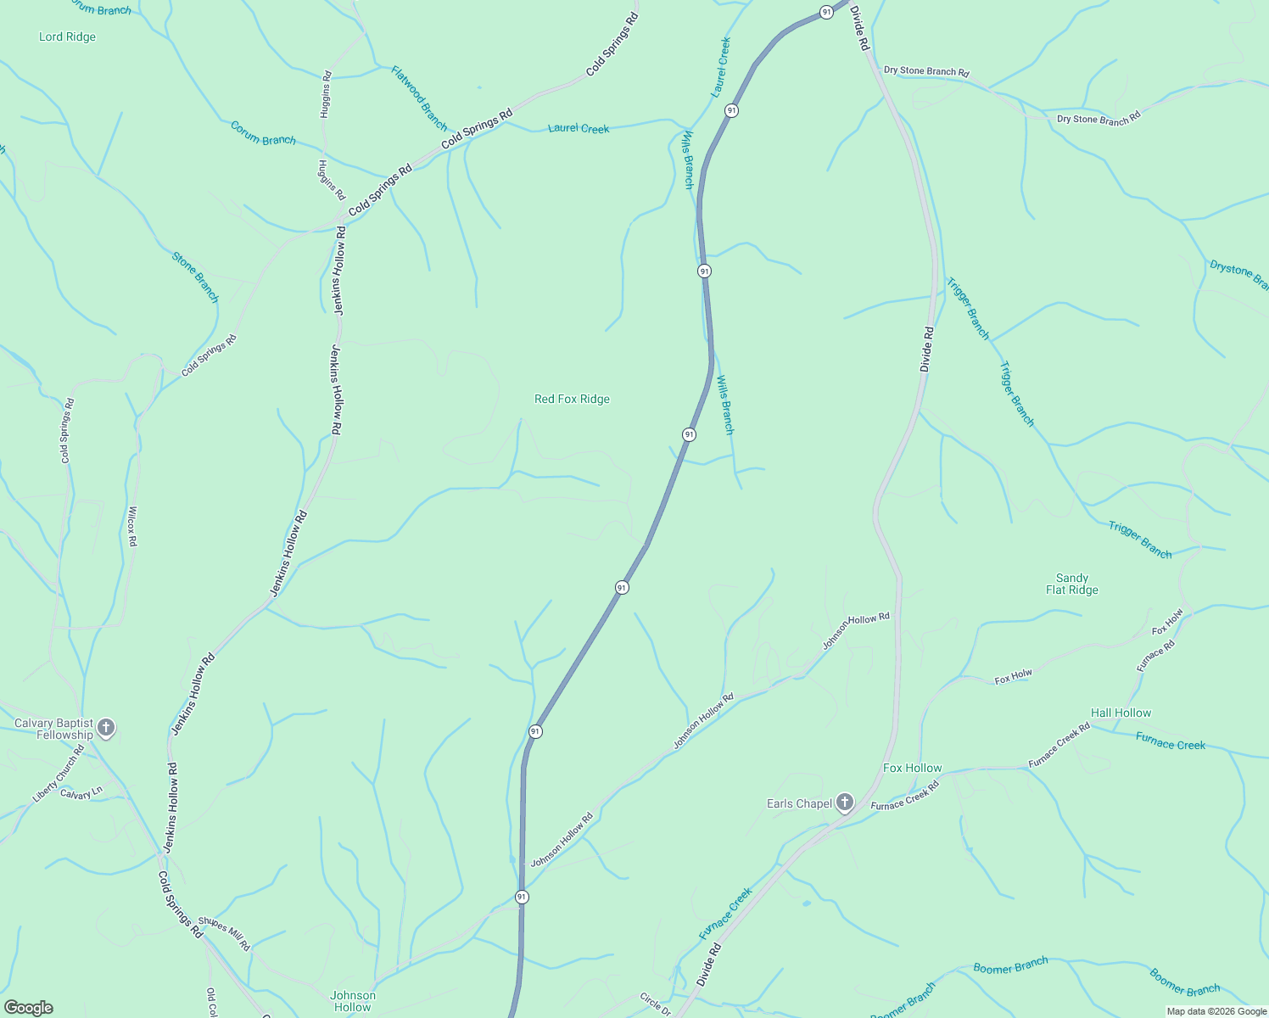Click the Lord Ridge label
click(67, 36)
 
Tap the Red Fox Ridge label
click(572, 399)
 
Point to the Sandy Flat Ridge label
click(1072, 584)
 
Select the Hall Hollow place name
click(1121, 713)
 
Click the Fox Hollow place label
click(912, 768)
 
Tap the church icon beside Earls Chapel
click(844, 803)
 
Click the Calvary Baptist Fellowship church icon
click(106, 727)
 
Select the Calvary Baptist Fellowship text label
click(53, 730)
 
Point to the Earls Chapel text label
click(799, 803)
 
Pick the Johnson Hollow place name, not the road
click(353, 1001)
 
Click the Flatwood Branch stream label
click(419, 98)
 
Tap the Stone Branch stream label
click(195, 277)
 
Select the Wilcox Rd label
click(131, 527)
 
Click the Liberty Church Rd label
click(59, 774)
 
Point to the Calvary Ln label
click(81, 794)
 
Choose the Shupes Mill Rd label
click(224, 932)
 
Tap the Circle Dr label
click(655, 1004)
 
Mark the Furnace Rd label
click(1155, 656)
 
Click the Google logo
click(28, 1008)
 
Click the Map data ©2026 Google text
click(1216, 1011)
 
